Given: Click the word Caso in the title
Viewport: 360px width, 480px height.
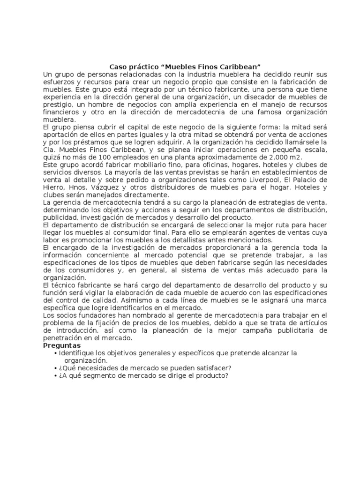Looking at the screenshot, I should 117,67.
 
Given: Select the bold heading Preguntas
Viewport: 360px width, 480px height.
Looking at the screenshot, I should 61,345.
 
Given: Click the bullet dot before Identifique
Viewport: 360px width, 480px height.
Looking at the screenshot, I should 56,352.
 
